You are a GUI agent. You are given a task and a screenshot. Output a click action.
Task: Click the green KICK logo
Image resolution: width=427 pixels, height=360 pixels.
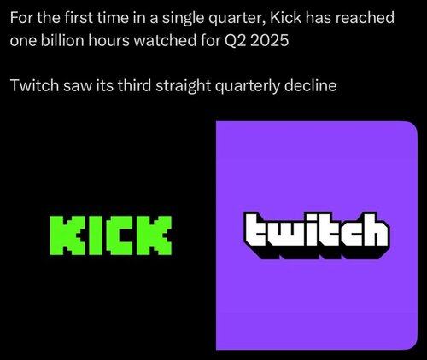point(111,235)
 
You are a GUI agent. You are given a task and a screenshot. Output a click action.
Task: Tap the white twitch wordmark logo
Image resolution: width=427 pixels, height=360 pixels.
point(317,235)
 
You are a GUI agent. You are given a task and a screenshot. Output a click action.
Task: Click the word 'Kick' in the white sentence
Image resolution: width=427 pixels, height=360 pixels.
point(285,18)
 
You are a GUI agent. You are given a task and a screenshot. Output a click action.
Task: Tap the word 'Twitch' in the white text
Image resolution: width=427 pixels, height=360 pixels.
point(34,85)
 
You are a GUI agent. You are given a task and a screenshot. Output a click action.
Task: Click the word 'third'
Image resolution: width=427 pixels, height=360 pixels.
point(134,85)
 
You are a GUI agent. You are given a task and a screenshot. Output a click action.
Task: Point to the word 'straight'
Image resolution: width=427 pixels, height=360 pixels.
point(184,86)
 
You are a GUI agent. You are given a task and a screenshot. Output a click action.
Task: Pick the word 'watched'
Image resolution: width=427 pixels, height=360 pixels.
point(165,40)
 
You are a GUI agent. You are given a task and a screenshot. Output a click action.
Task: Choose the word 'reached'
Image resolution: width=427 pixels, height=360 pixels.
point(365,18)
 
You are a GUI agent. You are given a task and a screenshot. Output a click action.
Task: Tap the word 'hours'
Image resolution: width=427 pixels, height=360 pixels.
point(108,40)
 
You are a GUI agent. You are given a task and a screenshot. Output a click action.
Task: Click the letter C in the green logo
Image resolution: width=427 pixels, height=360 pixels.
point(121,235)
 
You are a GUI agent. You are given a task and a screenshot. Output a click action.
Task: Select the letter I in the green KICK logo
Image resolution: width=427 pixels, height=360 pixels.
point(95,235)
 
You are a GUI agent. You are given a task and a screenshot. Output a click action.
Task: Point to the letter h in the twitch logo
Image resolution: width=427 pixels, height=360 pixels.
point(374,232)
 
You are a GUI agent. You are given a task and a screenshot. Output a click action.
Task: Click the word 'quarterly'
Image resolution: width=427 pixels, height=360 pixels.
point(248,86)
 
